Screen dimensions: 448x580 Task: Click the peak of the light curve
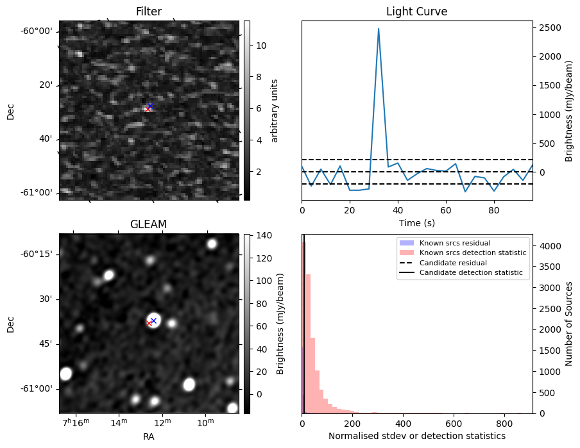point(379,29)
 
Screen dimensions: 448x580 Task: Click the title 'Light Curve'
point(416,12)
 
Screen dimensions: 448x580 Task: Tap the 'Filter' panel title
point(149,12)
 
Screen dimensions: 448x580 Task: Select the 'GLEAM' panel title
point(149,224)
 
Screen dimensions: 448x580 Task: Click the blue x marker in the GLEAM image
point(153,320)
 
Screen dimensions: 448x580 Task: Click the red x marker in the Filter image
point(148,109)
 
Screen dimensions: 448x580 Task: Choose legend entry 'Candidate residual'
point(452,263)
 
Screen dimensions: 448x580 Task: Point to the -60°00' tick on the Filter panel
point(39,31)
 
